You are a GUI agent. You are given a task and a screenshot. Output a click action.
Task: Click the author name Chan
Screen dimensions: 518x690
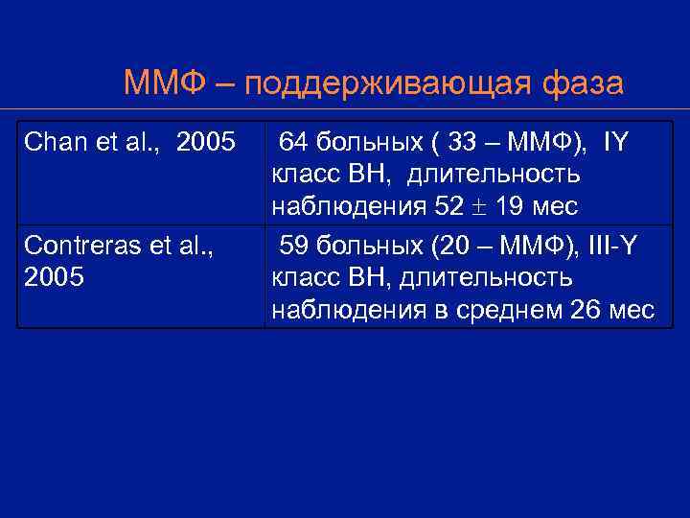(x=51, y=143)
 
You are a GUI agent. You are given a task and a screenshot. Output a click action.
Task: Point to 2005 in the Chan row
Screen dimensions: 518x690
(x=206, y=143)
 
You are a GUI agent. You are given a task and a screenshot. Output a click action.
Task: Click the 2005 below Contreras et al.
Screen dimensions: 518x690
(x=53, y=278)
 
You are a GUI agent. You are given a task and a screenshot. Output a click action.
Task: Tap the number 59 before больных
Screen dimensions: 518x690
(x=293, y=246)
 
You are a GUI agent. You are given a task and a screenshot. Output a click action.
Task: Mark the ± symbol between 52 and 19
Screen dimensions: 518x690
(x=477, y=207)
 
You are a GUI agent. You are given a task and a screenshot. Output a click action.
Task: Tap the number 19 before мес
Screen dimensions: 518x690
(x=508, y=207)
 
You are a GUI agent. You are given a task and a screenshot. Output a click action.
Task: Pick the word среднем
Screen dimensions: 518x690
(x=516, y=310)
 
